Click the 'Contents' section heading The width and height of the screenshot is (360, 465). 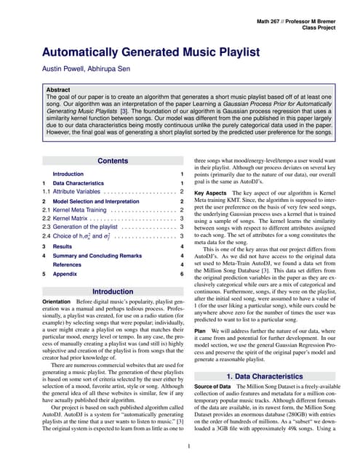coord(113,161)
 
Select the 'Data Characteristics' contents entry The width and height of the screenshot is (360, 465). coord(81,183)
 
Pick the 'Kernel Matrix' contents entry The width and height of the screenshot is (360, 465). coord(70,218)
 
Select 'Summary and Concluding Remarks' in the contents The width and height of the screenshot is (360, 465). coord(97,256)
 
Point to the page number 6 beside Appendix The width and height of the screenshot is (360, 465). coord(181,274)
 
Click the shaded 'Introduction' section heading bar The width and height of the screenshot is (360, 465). coord(113,291)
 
